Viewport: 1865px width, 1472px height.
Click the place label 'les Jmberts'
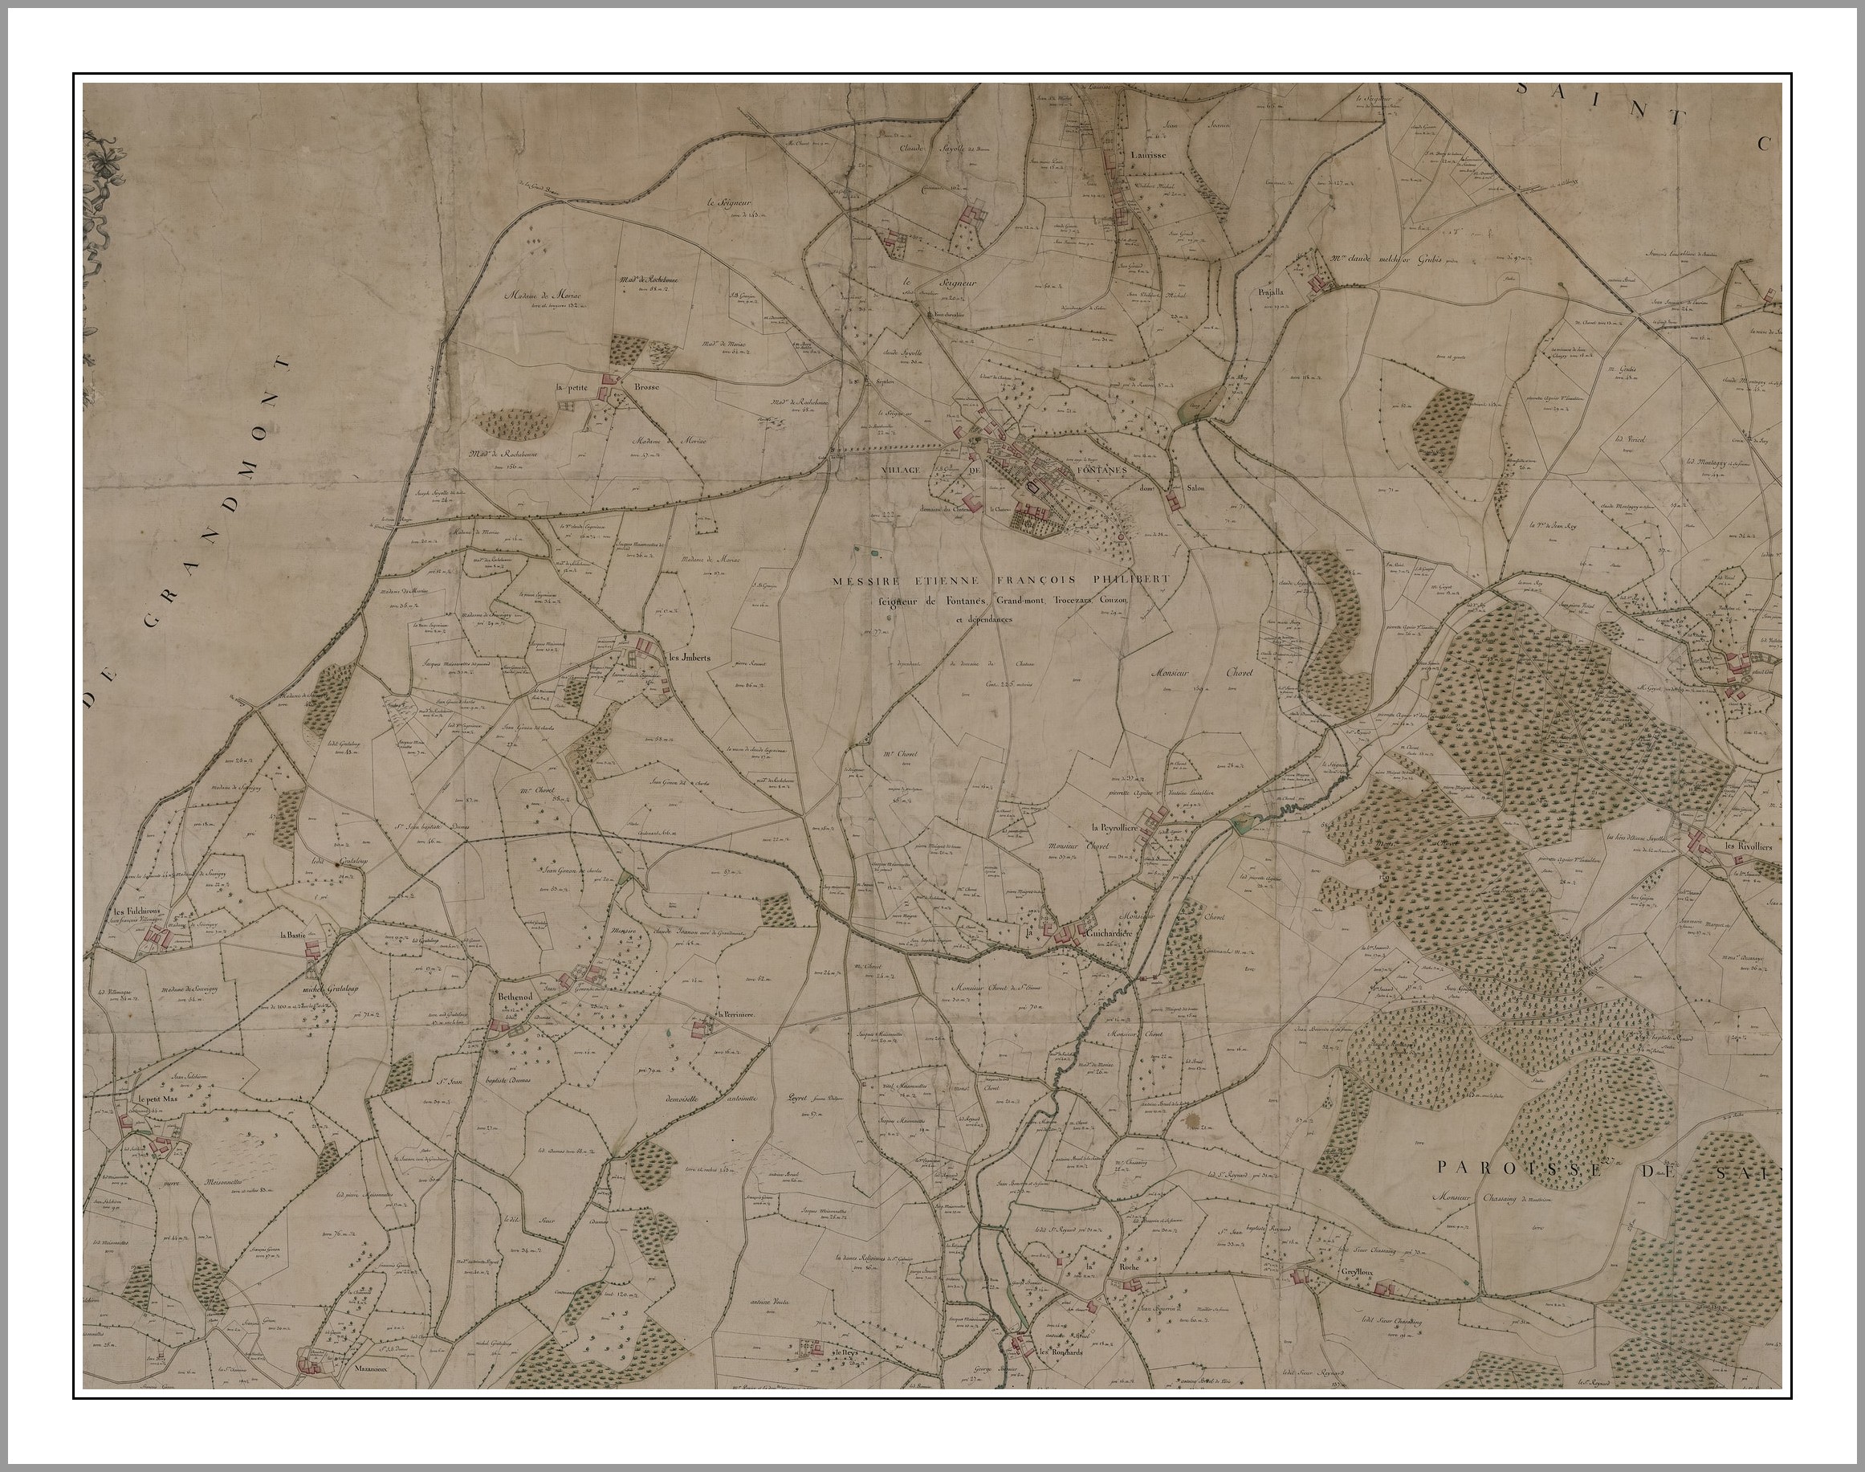coord(689,659)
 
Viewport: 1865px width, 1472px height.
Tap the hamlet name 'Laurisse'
coord(1148,155)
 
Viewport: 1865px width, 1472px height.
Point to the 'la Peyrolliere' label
coord(1114,828)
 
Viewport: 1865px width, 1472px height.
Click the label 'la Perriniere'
coord(736,1015)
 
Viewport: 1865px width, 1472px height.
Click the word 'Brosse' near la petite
coord(647,388)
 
